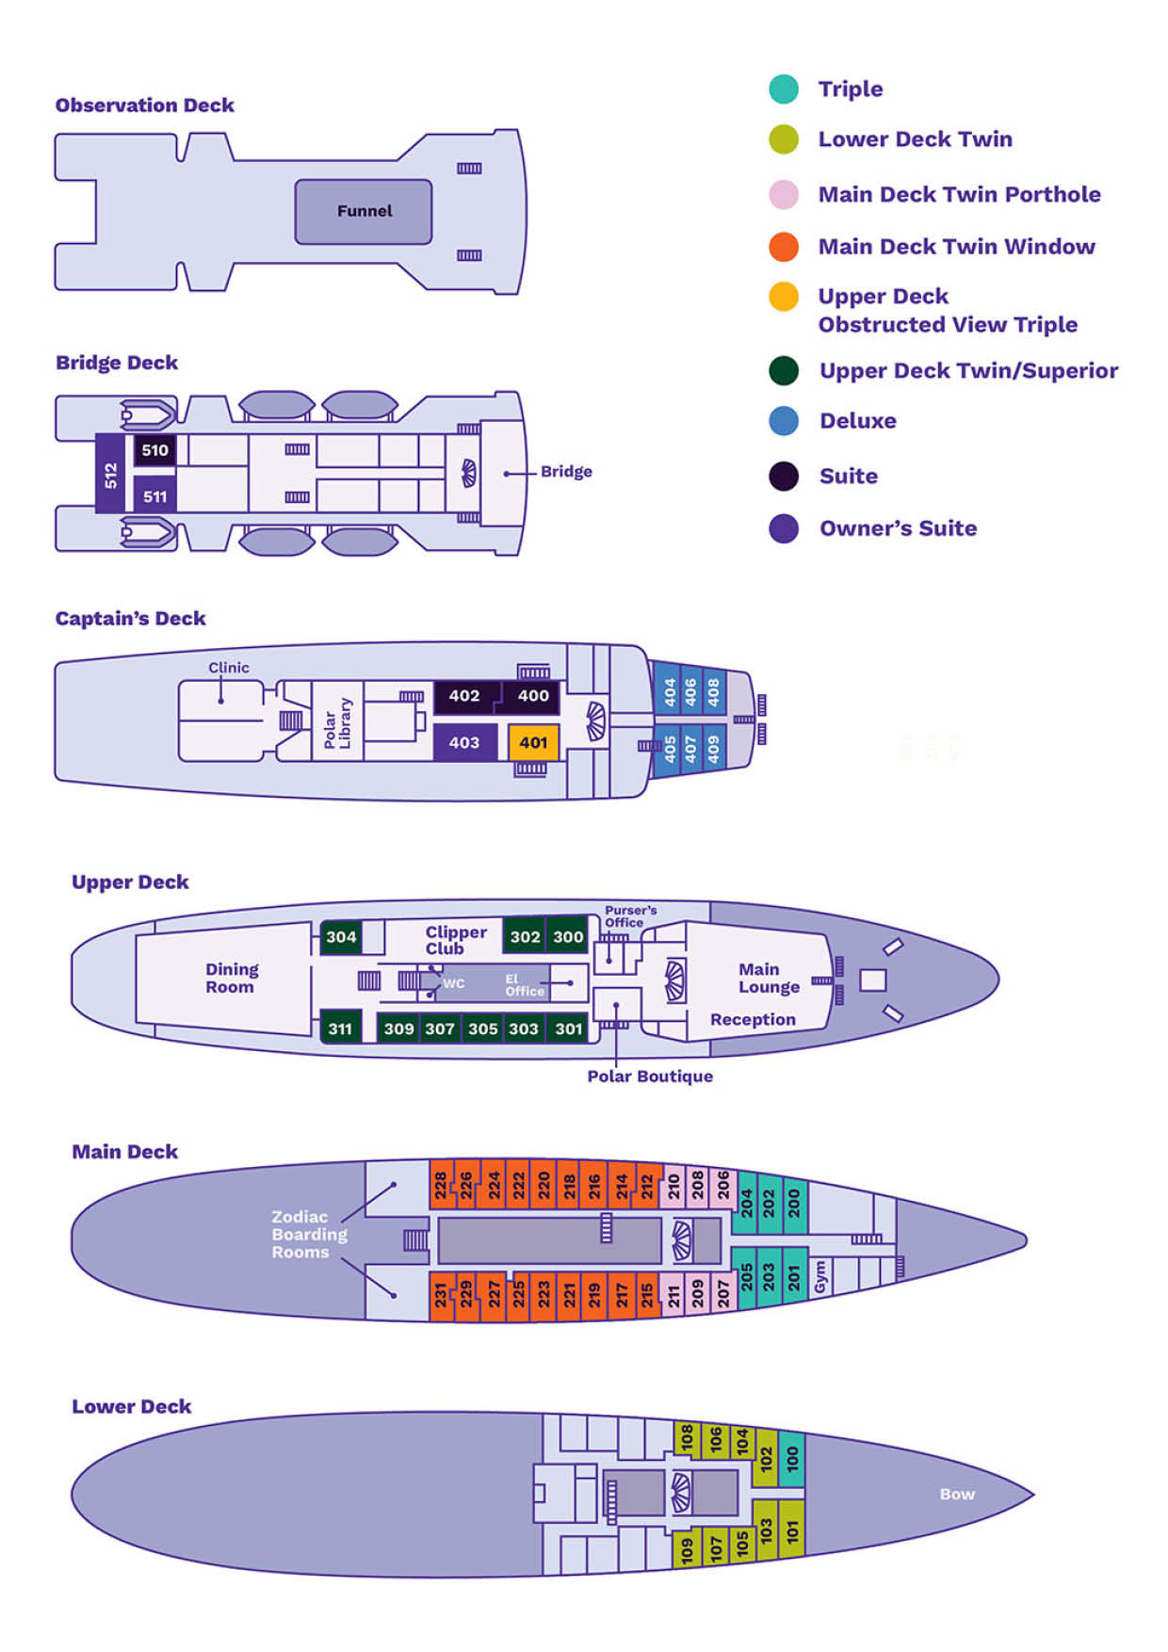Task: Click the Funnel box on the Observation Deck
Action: (x=364, y=211)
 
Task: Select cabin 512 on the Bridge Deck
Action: (x=110, y=474)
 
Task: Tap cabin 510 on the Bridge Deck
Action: (x=154, y=450)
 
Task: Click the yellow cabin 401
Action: (x=533, y=742)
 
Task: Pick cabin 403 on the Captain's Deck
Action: (x=464, y=742)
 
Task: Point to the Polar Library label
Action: (x=336, y=723)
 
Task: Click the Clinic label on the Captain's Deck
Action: (x=229, y=668)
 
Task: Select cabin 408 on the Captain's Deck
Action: (x=714, y=692)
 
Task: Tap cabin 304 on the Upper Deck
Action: (x=341, y=936)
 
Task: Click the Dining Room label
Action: (x=231, y=978)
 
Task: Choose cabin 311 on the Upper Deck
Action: (x=340, y=1028)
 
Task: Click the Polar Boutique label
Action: (x=650, y=1076)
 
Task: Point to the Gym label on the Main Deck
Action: (x=819, y=1277)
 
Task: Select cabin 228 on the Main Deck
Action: (x=440, y=1185)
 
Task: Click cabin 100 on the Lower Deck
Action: (x=792, y=1458)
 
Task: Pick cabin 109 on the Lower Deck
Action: (x=687, y=1548)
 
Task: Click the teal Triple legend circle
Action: (x=784, y=89)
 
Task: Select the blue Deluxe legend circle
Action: (x=784, y=421)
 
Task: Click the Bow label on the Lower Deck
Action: (x=957, y=1494)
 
